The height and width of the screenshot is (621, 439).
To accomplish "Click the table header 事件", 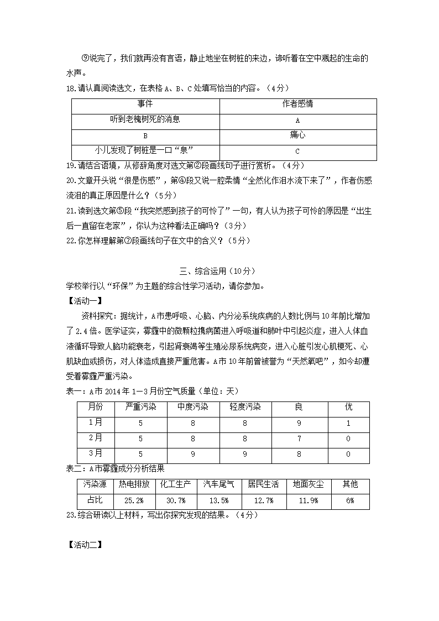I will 145,104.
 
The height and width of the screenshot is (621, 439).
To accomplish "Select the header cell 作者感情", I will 297,104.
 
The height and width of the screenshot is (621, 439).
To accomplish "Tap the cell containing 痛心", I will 297,135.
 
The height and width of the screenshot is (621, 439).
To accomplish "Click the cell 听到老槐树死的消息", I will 145,119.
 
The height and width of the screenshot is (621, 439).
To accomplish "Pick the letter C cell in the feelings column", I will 297,151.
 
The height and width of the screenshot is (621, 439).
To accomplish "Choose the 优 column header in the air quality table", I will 348,407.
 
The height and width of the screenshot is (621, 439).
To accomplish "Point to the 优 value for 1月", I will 348,423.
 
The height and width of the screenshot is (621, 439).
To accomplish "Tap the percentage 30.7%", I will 175,500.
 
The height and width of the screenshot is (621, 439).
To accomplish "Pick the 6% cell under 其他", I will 349,500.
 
